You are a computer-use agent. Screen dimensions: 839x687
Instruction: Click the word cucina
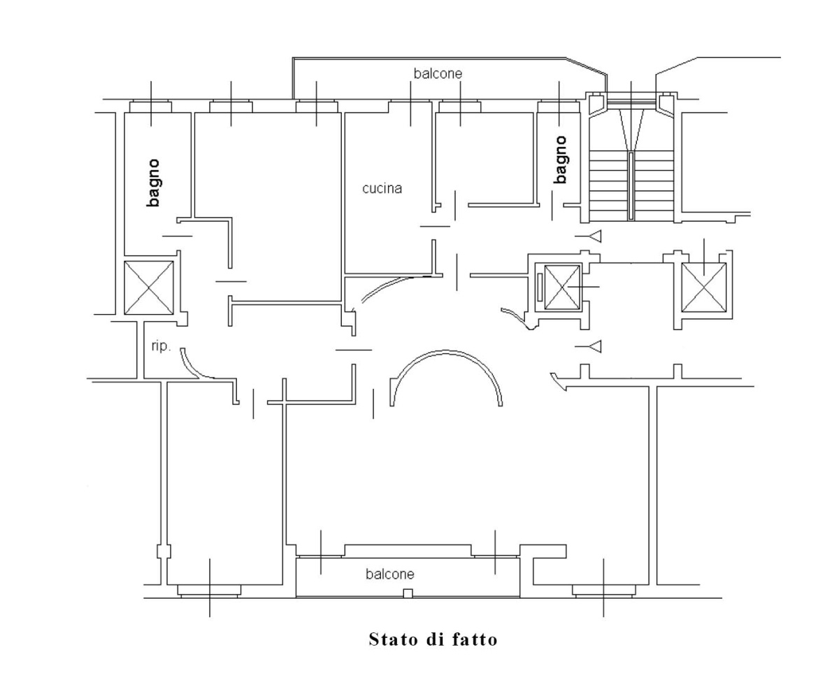[382, 188]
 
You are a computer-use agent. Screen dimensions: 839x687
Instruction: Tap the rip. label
[161, 346]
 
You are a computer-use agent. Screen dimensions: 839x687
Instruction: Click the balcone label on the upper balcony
[438, 73]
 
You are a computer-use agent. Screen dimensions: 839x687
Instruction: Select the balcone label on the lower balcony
[390, 574]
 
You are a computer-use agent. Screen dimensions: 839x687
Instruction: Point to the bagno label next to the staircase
[560, 160]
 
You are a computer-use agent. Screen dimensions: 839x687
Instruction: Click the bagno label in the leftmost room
[153, 183]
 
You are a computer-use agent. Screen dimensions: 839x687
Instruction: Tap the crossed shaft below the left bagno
[149, 288]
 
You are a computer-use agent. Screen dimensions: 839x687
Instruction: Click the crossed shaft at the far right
[704, 288]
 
